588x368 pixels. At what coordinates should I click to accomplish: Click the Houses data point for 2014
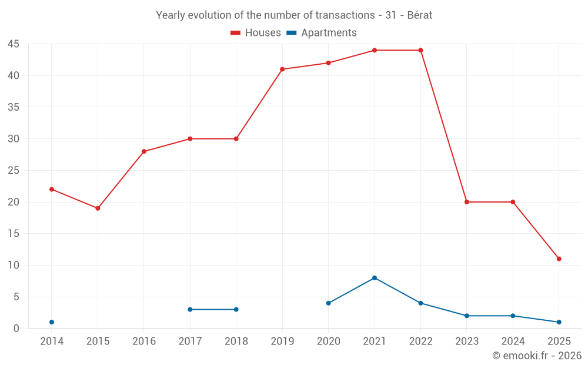52,189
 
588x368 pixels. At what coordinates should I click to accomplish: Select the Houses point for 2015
98,208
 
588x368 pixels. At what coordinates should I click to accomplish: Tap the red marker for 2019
282,69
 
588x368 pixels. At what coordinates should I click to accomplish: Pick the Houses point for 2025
559,258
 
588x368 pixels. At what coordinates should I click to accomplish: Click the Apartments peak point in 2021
375,278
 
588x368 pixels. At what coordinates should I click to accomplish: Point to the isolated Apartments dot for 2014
52,322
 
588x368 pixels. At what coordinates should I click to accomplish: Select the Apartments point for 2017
190,309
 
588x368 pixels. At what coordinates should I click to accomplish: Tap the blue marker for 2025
559,322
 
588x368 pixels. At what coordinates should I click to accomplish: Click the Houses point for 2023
467,202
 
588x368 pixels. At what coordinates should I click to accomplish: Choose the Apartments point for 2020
329,303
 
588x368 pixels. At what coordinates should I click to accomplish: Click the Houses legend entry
256,33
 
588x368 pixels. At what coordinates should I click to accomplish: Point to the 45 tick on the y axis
14,44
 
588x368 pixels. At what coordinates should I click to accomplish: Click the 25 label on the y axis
14,171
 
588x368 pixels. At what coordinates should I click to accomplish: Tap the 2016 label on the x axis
144,342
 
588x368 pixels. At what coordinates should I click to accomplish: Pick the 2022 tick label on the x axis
420,342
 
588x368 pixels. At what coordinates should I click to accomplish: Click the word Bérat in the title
419,15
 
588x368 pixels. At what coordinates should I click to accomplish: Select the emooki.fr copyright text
537,356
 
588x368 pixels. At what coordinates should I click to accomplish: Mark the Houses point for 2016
144,151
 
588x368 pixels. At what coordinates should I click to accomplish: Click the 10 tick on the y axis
14,266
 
